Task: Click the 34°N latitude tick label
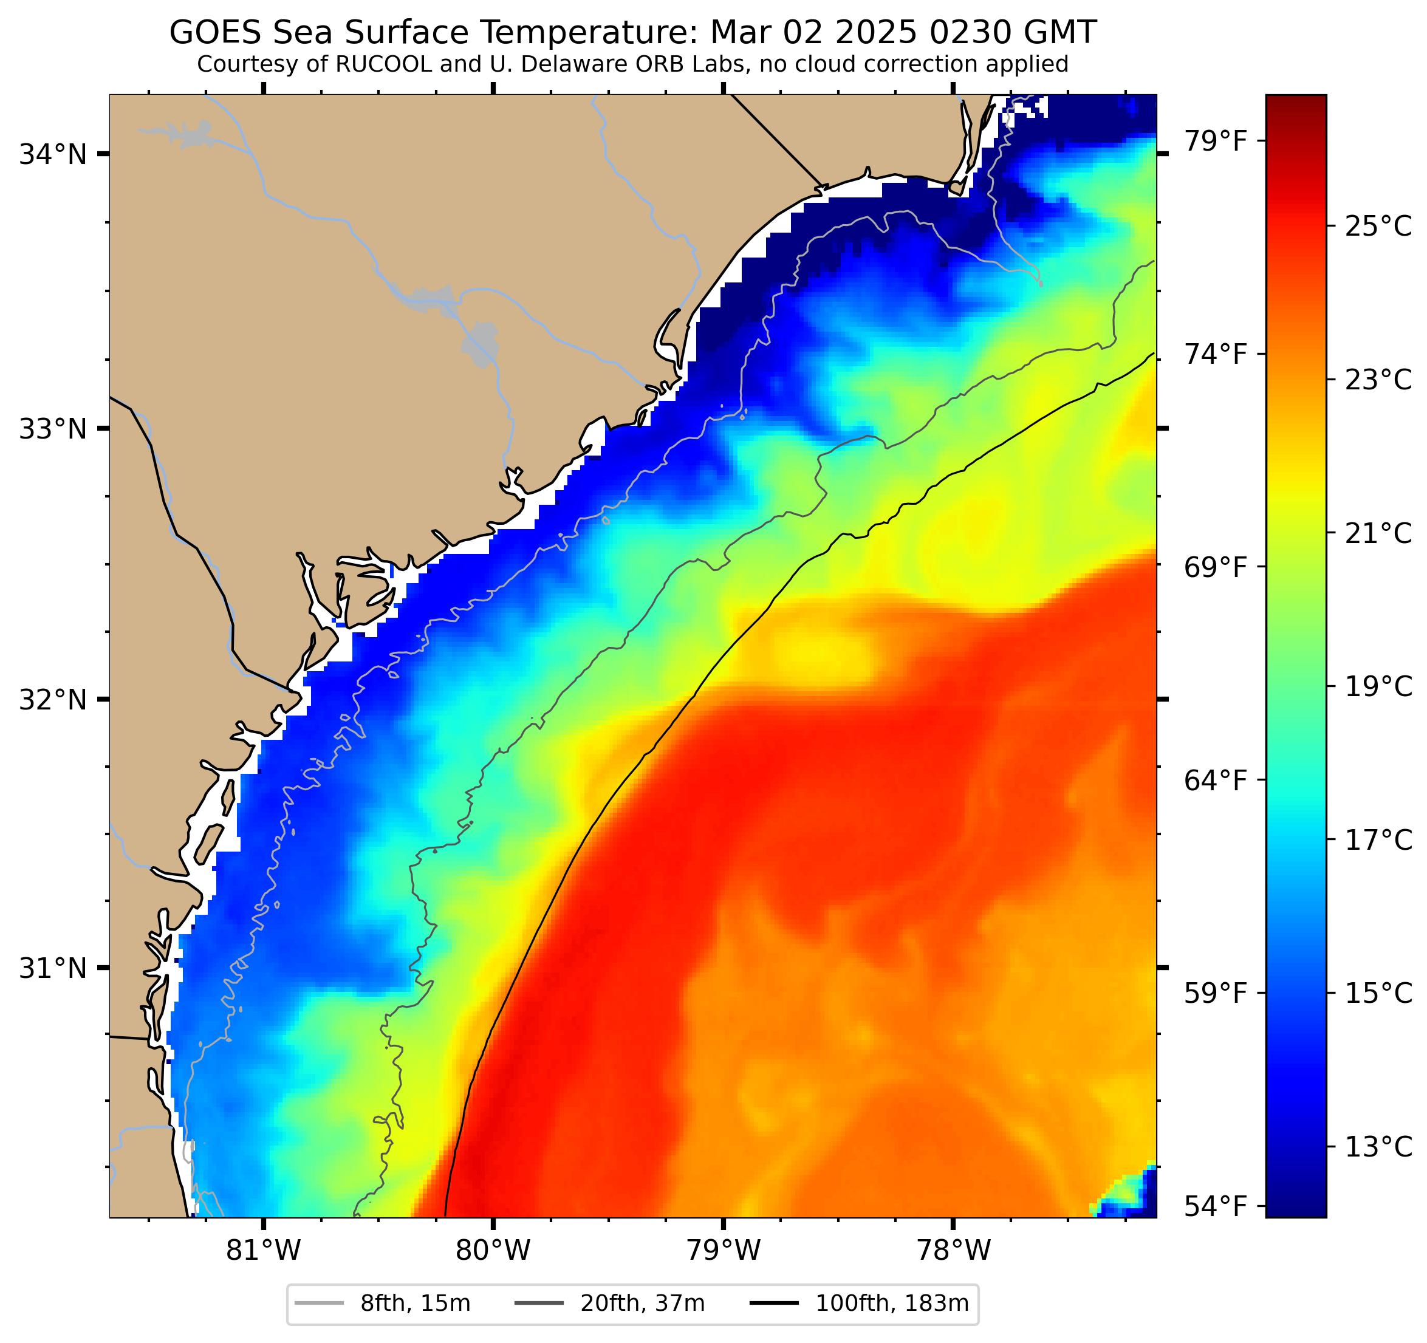(x=52, y=154)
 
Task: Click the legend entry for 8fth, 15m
(x=415, y=1304)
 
